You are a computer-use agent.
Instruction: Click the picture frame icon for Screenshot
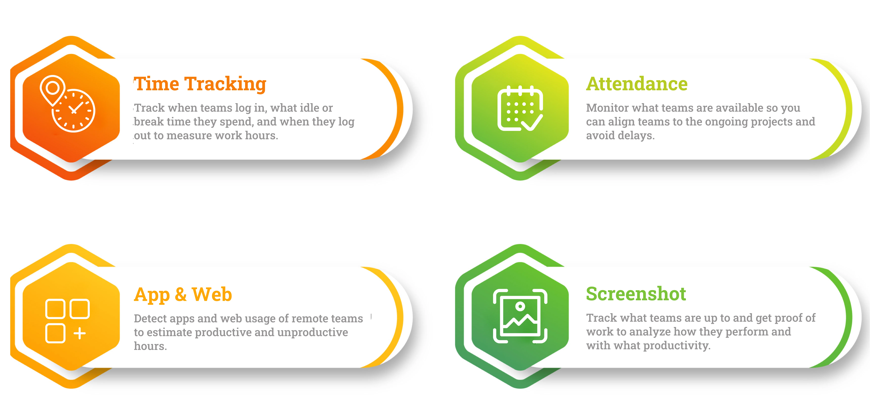pos(520,316)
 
